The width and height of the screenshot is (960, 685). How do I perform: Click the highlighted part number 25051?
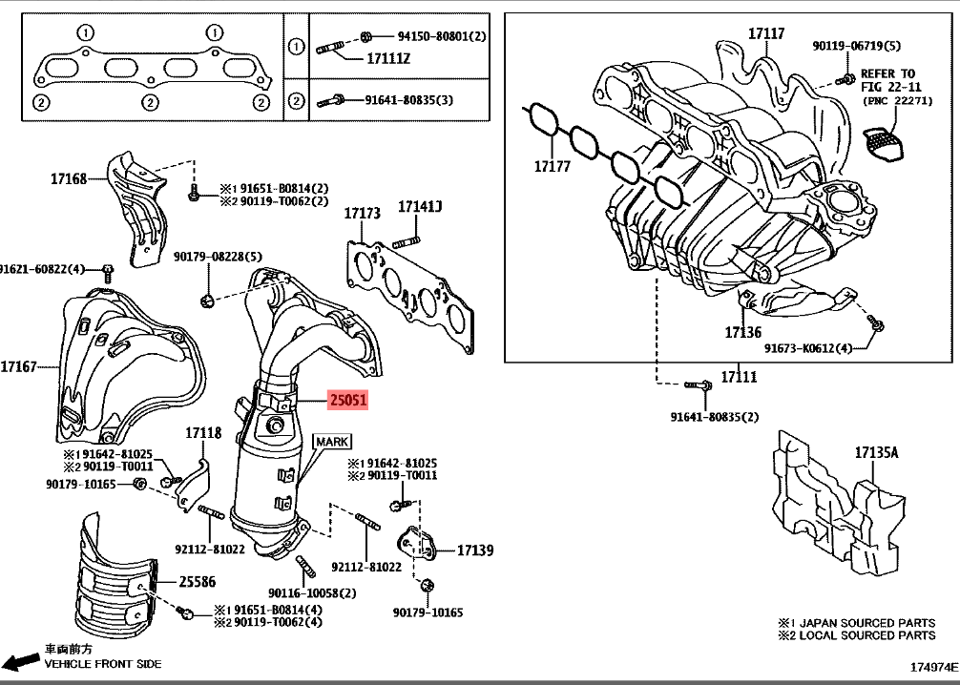(348, 402)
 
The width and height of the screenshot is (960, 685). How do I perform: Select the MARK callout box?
(333, 441)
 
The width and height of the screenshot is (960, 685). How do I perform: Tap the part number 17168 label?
(69, 177)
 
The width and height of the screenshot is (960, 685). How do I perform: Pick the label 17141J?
(420, 207)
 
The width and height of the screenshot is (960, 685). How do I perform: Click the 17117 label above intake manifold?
(765, 33)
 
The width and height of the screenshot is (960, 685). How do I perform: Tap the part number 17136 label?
(742, 332)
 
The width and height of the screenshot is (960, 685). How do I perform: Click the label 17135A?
(876, 454)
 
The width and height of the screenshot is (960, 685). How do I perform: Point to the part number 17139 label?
(474, 550)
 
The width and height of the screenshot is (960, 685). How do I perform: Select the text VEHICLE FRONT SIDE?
(103, 663)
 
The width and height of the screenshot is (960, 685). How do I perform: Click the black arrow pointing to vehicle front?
(20, 661)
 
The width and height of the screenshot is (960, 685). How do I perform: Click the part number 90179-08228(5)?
(217, 257)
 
